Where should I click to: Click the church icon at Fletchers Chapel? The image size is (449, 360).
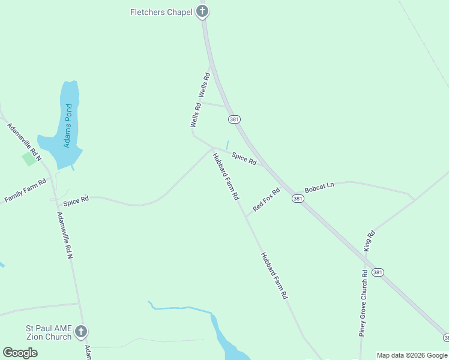[203, 11]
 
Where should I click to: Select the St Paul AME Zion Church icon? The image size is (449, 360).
[81, 332]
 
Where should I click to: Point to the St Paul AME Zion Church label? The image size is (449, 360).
[49, 332]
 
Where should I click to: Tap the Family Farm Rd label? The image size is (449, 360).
[25, 191]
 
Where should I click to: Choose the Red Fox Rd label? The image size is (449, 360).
[267, 200]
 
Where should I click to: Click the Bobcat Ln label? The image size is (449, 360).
[319, 188]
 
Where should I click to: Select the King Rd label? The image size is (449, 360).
[369, 241]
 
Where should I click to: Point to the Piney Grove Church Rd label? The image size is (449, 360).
[363, 303]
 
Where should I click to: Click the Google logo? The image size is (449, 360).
[20, 353]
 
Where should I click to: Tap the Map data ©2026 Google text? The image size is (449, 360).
[412, 355]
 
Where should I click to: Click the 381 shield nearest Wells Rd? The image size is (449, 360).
[234, 119]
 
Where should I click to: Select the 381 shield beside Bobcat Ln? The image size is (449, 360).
[297, 198]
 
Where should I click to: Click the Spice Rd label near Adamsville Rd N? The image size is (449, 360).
[76, 200]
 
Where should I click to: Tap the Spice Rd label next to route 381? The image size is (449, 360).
[244, 159]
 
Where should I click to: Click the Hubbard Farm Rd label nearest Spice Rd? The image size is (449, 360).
[226, 176]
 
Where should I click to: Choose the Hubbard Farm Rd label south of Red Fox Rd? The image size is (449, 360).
[274, 275]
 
